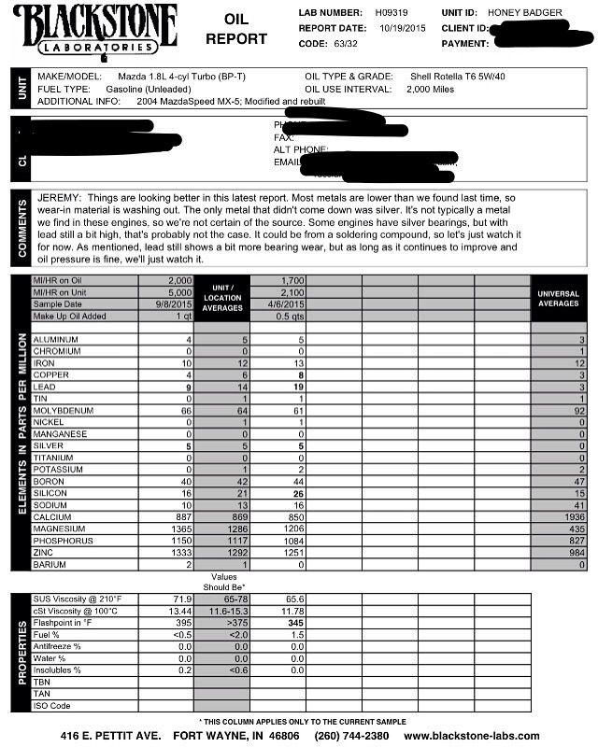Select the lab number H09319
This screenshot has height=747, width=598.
[392, 14]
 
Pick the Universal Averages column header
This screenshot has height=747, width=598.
[559, 299]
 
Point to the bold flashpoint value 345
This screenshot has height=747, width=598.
[295, 621]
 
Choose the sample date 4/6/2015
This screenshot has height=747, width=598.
[287, 304]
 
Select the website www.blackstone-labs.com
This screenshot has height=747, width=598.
[471, 736]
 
